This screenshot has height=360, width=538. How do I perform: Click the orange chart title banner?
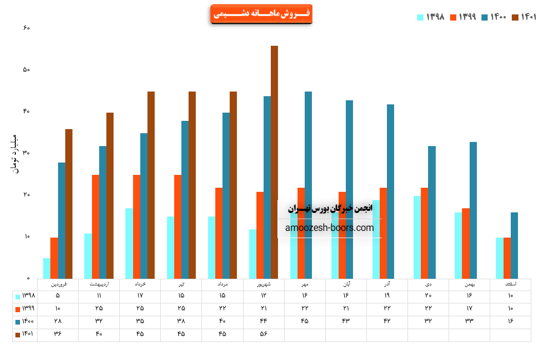[261, 14]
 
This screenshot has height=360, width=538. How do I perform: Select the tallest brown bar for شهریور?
[274, 162]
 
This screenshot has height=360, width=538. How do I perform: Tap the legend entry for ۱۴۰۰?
[494, 17]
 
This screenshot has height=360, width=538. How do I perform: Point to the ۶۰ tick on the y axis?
[27, 28]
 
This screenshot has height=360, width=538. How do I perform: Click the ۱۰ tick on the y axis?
[27, 237]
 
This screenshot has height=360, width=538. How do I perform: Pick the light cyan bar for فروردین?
[47, 268]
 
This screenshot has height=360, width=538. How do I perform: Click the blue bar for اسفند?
[514, 245]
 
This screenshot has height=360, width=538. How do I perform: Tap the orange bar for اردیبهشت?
[96, 226]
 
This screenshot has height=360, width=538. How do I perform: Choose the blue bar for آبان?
[349, 189]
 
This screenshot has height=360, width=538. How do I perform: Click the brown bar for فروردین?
[69, 204]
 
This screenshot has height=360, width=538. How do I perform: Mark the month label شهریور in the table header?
[264, 284]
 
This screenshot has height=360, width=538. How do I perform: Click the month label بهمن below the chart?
[469, 284]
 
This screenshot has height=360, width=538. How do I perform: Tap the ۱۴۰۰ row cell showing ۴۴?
[264, 321]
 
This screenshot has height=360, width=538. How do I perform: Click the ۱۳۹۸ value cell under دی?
[428, 296]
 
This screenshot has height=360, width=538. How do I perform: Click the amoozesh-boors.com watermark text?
[329, 228]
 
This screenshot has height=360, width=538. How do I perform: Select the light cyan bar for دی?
[417, 237]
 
